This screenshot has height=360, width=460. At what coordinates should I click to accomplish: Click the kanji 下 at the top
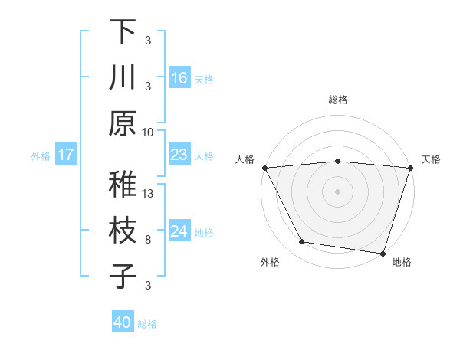(123, 31)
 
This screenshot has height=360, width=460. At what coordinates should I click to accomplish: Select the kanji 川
(123, 78)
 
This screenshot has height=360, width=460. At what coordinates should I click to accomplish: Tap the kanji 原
(123, 123)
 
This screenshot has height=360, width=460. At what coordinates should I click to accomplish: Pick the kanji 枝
(123, 231)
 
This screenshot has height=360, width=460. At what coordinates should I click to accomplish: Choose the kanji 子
(123, 276)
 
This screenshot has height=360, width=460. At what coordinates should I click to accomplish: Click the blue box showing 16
(179, 77)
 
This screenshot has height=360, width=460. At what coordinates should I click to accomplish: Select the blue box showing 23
(179, 155)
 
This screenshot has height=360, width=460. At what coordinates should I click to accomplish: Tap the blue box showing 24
(179, 232)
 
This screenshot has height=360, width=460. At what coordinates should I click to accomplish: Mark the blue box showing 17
(66, 155)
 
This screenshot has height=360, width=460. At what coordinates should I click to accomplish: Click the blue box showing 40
(123, 322)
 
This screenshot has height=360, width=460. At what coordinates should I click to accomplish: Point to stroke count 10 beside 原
(148, 132)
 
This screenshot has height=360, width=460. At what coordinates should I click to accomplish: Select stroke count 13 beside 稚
(149, 193)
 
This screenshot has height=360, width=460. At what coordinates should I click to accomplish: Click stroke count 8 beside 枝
(148, 240)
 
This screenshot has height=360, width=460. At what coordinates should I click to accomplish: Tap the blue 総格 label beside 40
(148, 324)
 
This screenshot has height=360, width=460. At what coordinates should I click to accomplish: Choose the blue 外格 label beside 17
(41, 156)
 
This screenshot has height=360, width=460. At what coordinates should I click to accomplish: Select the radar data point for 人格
(264, 167)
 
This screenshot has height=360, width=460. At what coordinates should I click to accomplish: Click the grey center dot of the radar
(337, 191)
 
